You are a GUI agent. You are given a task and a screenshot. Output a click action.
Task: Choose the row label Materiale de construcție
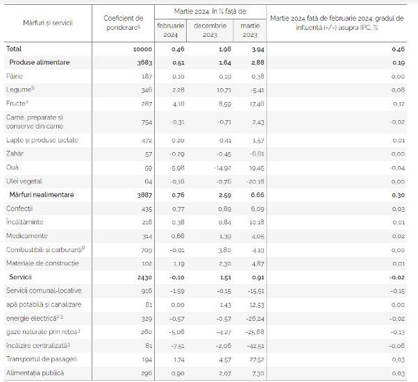[x=42, y=263]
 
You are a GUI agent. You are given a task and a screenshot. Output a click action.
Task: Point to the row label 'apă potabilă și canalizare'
[x=44, y=304]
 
